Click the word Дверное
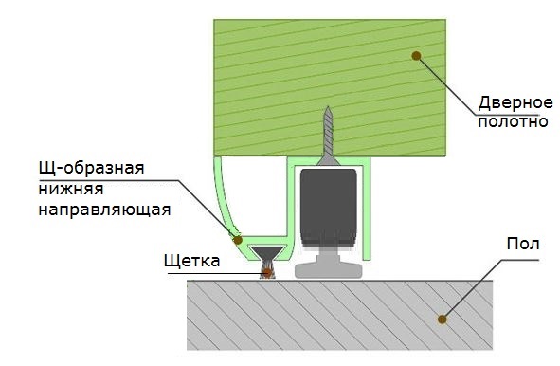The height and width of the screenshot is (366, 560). click(515, 103)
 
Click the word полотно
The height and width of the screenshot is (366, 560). click(513, 121)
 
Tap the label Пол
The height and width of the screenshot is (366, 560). click(523, 244)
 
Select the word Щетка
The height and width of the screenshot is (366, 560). click(191, 261)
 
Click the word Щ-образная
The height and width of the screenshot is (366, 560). click(91, 167)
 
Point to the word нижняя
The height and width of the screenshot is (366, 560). click(71, 189)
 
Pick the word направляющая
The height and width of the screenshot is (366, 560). click(104, 210)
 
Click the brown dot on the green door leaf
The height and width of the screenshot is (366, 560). click(416, 56)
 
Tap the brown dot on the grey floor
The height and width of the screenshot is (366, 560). click(443, 320)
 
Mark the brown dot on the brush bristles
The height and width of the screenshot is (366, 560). click(267, 273)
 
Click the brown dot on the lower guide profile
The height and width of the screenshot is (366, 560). click(238, 240)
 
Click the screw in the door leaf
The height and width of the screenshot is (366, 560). click(328, 136)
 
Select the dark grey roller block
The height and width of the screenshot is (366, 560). click(329, 209)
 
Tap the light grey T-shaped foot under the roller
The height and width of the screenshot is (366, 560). click(329, 265)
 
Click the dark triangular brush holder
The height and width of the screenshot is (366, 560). click(268, 252)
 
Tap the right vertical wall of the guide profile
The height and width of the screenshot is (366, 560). click(367, 210)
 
